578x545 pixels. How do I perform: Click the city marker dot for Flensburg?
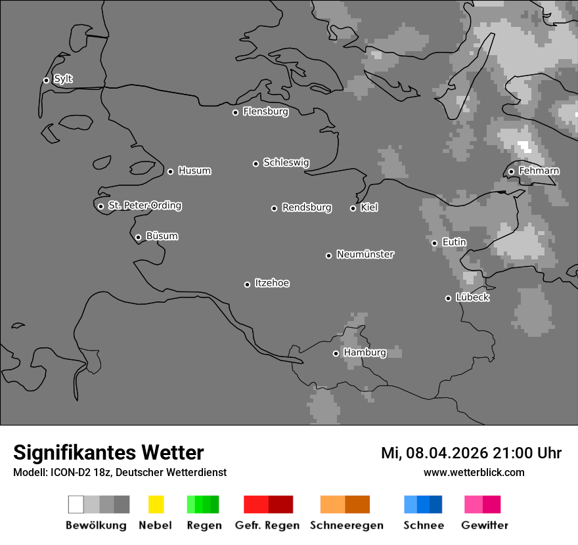(x=235, y=112)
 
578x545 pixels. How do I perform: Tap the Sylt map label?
(x=63, y=79)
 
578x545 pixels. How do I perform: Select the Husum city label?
(x=194, y=171)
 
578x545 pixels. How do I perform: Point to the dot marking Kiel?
(x=353, y=208)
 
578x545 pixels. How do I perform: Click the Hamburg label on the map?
(x=365, y=353)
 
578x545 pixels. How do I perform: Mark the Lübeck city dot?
(x=448, y=298)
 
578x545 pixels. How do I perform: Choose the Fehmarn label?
(x=539, y=171)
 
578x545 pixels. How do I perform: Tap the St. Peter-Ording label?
(x=144, y=206)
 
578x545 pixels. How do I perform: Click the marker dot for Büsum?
(x=138, y=237)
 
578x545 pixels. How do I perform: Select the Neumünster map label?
(x=365, y=254)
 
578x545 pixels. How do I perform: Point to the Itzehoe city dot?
(x=247, y=284)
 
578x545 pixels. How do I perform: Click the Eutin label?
(x=454, y=242)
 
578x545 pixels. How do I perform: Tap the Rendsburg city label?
(x=307, y=207)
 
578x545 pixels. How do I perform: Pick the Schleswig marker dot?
(x=256, y=163)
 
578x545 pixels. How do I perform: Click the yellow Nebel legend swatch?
(x=156, y=504)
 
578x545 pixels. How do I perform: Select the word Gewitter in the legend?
(x=485, y=525)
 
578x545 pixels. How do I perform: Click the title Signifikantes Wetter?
(x=108, y=452)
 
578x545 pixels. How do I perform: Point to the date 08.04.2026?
(x=447, y=453)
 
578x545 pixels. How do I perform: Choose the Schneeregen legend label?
(x=345, y=525)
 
